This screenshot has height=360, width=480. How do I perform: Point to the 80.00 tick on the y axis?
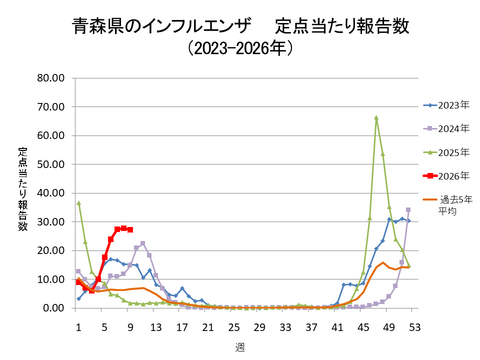pos(51,78)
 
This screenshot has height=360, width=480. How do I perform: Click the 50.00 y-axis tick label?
pos(51,164)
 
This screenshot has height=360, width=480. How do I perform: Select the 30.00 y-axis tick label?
pos(51,222)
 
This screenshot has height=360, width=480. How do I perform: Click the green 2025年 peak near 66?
pos(376,118)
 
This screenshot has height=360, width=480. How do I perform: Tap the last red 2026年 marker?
pos(130,229)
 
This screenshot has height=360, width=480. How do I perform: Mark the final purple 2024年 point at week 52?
pos(408,210)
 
